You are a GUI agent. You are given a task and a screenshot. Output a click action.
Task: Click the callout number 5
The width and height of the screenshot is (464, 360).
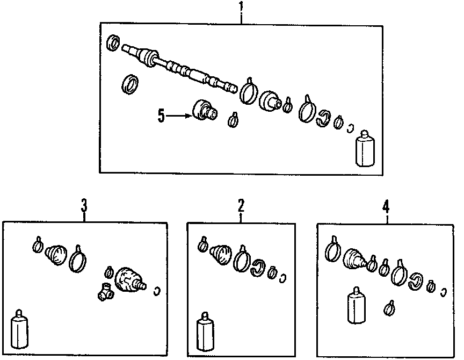[x=161, y=116]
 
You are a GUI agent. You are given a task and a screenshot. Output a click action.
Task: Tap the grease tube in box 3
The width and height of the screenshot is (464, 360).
[x=19, y=328]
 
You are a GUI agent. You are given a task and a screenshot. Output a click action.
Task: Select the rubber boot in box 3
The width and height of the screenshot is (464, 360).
[x=56, y=254]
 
